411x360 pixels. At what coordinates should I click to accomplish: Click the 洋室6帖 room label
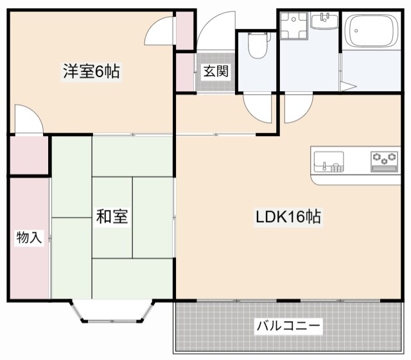91,71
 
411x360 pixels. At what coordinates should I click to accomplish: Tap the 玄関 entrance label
216,71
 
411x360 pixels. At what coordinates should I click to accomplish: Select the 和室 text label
112,217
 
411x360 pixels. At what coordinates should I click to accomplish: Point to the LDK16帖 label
288,217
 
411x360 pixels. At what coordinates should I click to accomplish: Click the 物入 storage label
29,238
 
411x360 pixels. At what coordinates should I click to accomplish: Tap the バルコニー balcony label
288,326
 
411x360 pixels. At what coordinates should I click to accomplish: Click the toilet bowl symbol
258,47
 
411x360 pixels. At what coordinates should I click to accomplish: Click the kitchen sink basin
328,160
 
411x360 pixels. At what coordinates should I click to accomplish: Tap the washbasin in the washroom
325,21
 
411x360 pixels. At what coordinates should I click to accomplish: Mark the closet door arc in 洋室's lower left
29,120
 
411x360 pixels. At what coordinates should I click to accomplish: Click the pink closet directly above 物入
29,155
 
